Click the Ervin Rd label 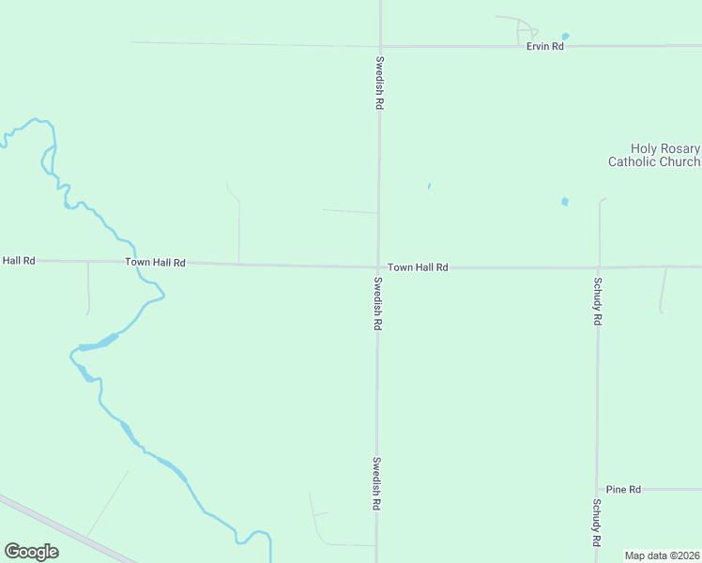(x=544, y=46)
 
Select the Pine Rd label (x=623, y=490)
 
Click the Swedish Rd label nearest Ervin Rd (x=379, y=84)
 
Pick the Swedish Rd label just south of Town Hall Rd (x=377, y=303)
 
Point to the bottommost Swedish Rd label (x=375, y=483)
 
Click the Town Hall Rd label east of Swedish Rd (x=418, y=267)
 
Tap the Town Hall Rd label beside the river (x=155, y=263)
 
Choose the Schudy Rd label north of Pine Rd (x=597, y=300)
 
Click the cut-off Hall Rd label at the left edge (x=18, y=260)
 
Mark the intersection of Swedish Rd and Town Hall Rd (x=378, y=266)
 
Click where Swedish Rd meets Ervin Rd (x=380, y=46)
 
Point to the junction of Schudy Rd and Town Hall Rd (x=599, y=267)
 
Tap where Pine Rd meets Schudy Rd (x=597, y=490)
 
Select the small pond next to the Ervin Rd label (x=565, y=37)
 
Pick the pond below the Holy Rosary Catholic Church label (x=564, y=202)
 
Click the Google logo (x=31, y=552)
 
